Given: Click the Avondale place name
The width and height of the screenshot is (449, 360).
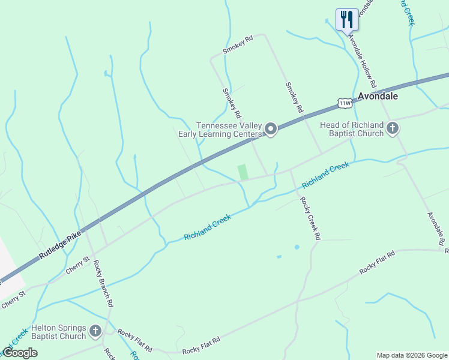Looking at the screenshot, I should pyautogui.click(x=378, y=96).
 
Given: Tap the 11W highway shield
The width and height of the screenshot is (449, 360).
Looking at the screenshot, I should pyautogui.click(x=344, y=103).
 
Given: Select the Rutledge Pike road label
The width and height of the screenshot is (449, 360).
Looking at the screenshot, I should pyautogui.click(x=60, y=242).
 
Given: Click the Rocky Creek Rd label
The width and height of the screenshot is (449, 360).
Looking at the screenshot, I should pyautogui.click(x=310, y=218).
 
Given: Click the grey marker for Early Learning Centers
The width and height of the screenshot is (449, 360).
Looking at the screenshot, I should pyautogui.click(x=271, y=129).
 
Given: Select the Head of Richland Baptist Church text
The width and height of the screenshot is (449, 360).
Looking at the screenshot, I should pyautogui.click(x=352, y=129).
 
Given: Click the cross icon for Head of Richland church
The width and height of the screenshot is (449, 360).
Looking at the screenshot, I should pyautogui.click(x=393, y=128).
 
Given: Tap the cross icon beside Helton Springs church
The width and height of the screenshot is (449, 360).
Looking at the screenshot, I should pyautogui.click(x=95, y=331).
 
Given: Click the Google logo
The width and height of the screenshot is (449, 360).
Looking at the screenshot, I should pyautogui.click(x=20, y=353).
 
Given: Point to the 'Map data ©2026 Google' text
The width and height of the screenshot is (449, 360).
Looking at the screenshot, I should pyautogui.click(x=412, y=355).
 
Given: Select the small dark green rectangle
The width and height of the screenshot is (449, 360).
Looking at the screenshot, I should pyautogui.click(x=243, y=172).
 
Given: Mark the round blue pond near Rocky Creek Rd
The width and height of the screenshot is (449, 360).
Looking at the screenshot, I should pyautogui.click(x=297, y=247).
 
